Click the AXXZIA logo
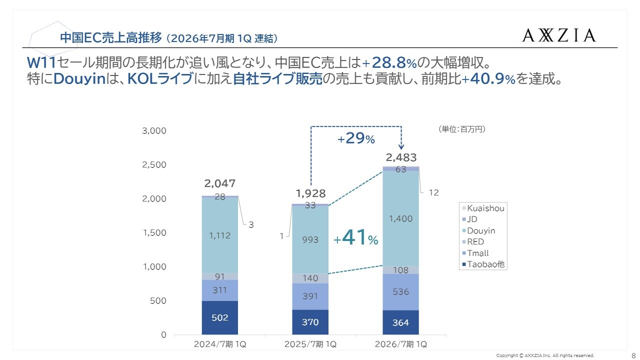pos(559,35)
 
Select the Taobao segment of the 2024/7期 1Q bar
pos(220,317)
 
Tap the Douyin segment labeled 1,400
pos(400,218)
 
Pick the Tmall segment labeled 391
pos(310,296)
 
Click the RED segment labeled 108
pos(400,270)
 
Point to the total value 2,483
pos(401,157)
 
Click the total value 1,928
pos(310,193)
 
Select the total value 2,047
pos(220,183)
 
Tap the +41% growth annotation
pos(356,239)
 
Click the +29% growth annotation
pos(356,139)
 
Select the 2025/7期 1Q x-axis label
pos(310,344)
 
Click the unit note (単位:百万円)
pos(461,129)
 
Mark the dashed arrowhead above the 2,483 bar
pos(401,146)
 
